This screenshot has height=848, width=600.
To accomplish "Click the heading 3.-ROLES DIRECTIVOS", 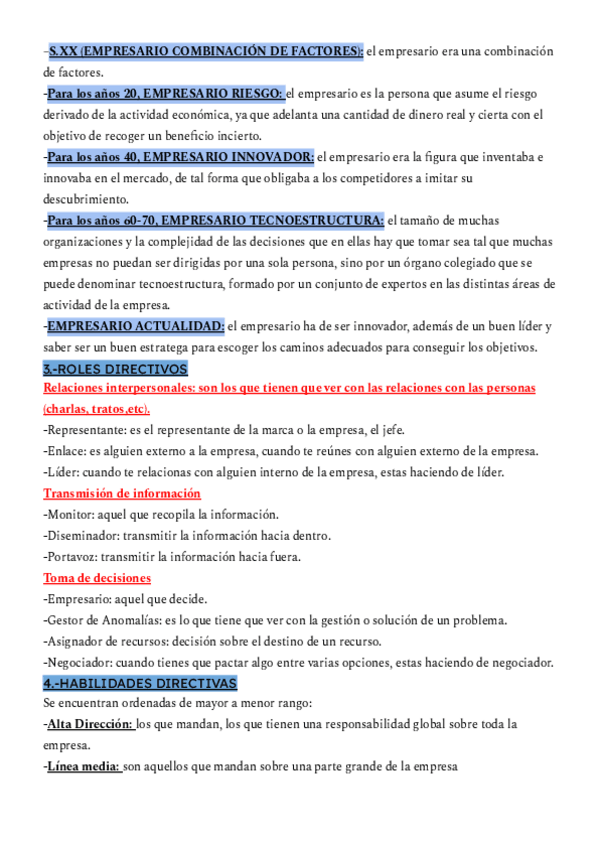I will (x=115, y=369).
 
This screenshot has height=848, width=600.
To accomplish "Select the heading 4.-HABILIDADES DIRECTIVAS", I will (x=140, y=683).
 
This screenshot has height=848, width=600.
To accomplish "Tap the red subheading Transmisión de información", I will (x=122, y=493).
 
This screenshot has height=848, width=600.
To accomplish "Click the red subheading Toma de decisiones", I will (x=98, y=577).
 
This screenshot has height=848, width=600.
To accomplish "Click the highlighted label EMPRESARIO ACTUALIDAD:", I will (x=136, y=326).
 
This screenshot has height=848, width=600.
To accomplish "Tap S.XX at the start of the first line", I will (x=66, y=52).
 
